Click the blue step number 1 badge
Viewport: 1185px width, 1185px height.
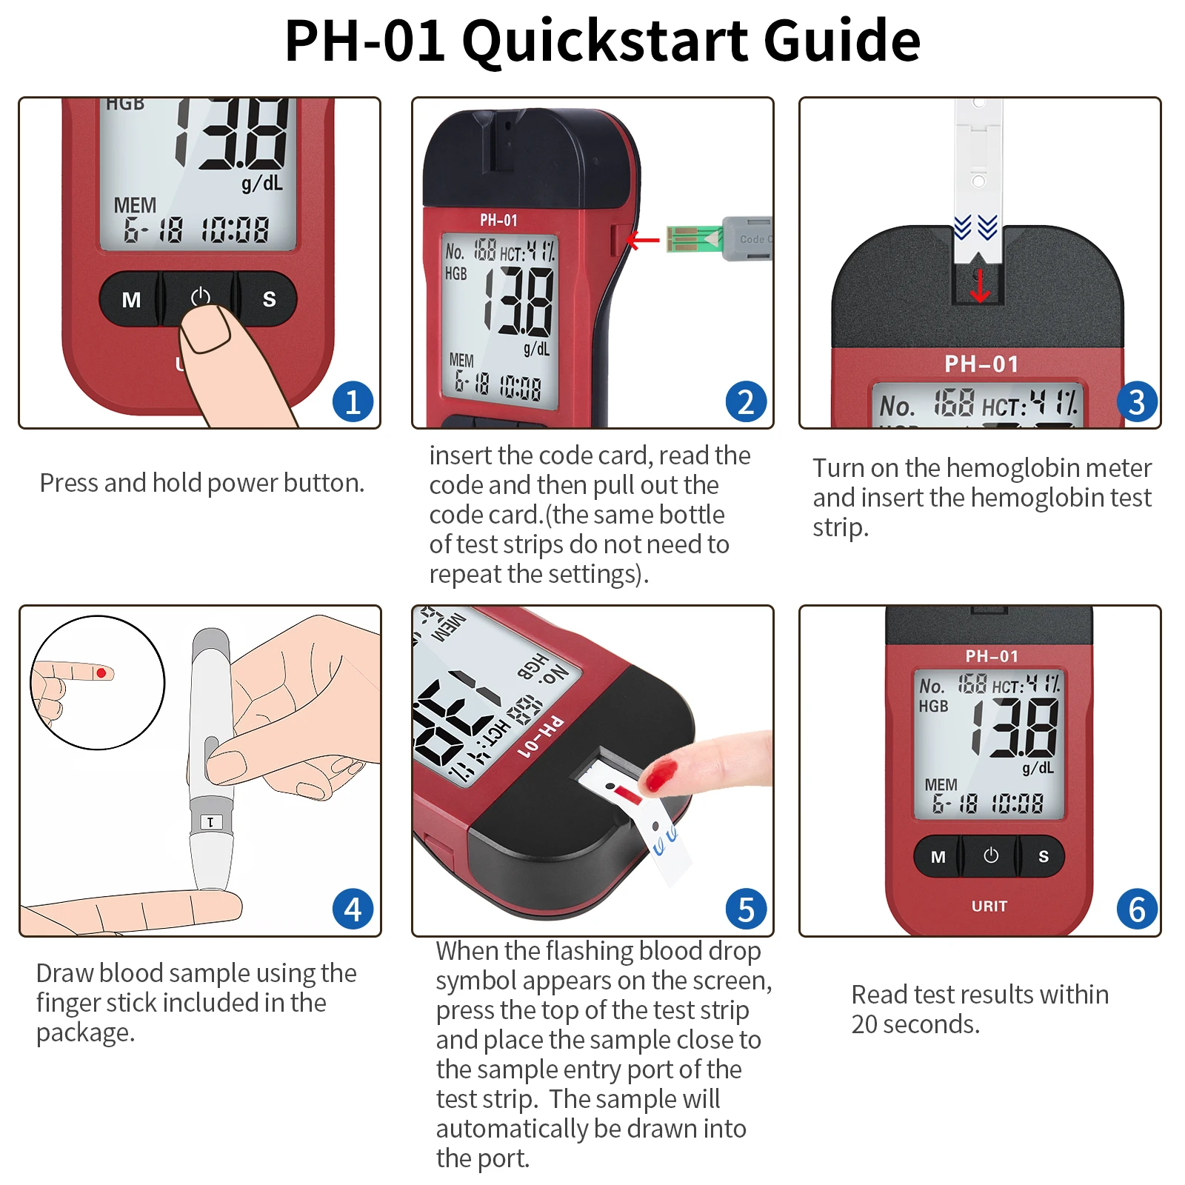tap(353, 402)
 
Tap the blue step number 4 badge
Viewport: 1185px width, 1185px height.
tap(353, 909)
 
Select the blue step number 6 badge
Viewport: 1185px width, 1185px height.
tap(1137, 909)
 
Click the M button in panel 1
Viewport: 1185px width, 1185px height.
tap(131, 299)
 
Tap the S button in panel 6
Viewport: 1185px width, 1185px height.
tap(1043, 857)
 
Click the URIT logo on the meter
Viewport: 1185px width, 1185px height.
tap(989, 906)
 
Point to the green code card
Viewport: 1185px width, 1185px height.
tap(693, 239)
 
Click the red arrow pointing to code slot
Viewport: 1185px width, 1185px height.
tap(642, 240)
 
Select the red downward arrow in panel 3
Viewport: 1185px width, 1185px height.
tap(980, 287)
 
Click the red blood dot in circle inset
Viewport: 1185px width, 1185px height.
tap(101, 672)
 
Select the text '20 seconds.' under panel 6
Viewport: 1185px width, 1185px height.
tap(915, 1024)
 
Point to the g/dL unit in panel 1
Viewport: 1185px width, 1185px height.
tap(262, 183)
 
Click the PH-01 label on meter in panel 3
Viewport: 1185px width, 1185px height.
tap(981, 364)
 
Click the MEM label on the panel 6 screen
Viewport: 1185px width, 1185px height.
tap(941, 784)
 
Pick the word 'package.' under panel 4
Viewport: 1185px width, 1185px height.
tap(85, 1032)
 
